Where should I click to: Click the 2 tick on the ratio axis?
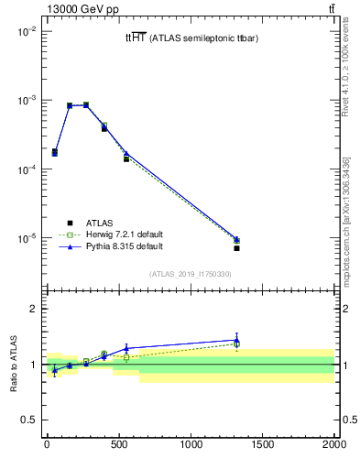coord(32,309)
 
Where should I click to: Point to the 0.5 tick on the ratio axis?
coord(28,420)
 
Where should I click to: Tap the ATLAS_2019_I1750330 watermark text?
coord(191,274)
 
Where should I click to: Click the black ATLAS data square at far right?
coord(236,248)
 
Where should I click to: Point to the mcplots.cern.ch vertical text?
coord(346,220)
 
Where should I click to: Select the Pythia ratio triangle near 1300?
coord(236,340)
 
